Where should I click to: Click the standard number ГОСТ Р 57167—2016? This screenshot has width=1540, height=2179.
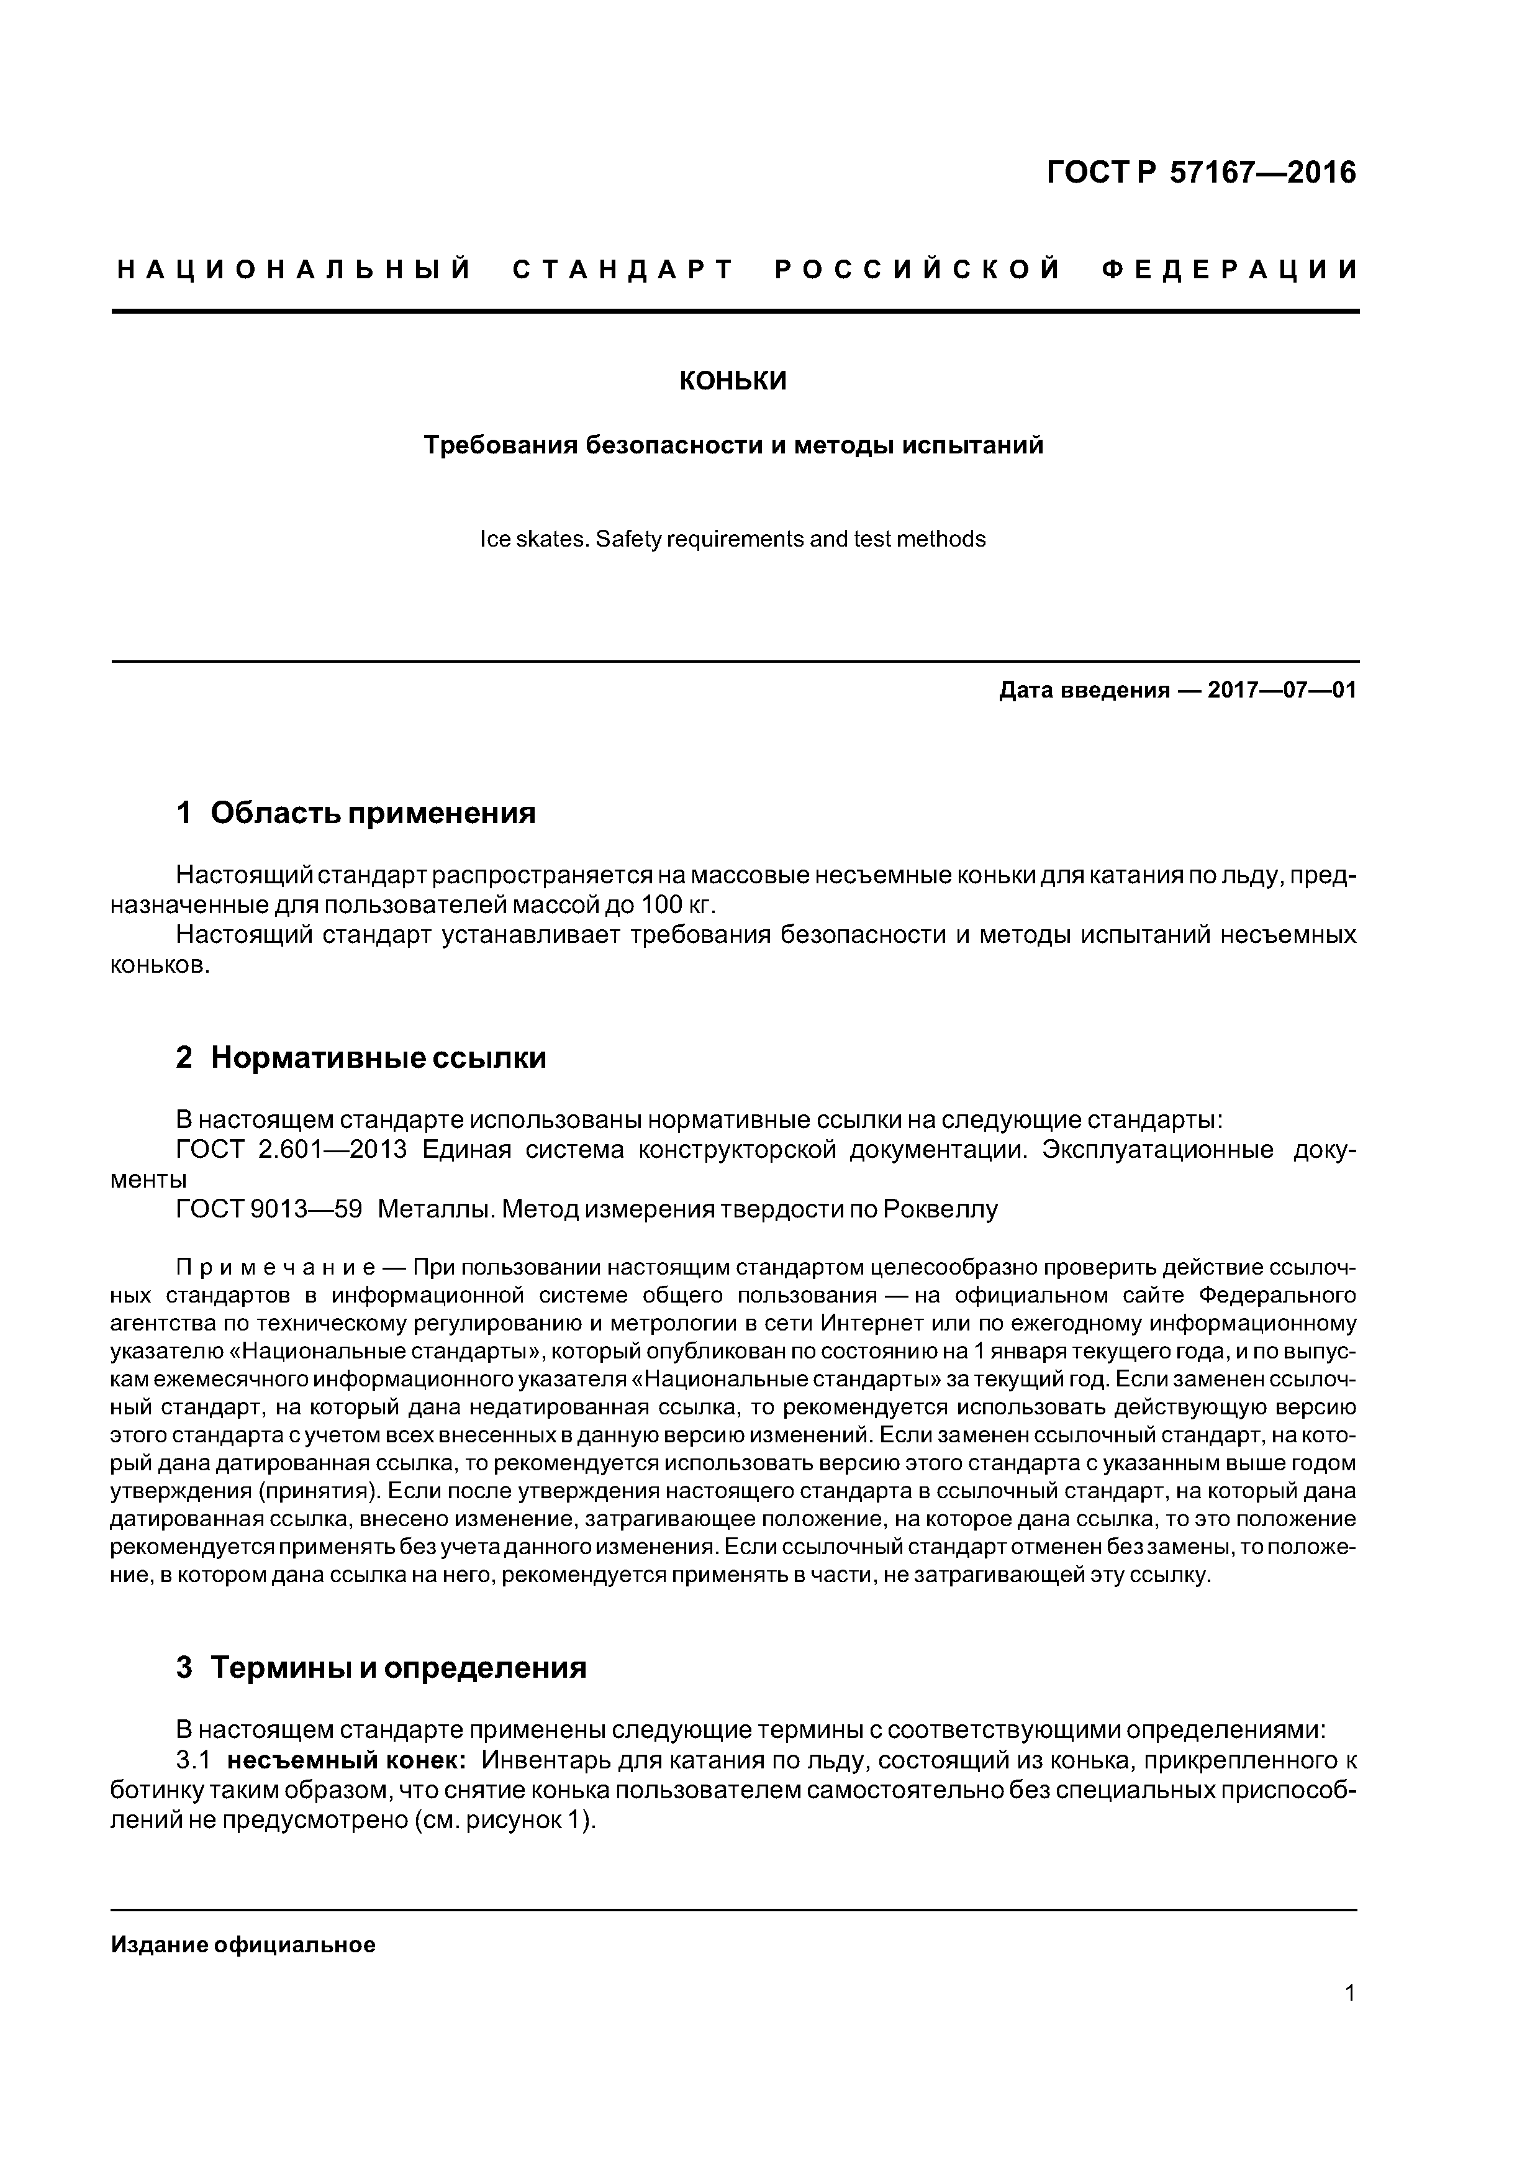[1201, 173]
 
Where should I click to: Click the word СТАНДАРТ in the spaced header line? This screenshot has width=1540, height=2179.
[623, 270]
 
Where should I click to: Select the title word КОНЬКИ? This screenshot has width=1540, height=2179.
[733, 381]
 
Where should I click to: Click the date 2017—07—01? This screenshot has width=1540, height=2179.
[1282, 690]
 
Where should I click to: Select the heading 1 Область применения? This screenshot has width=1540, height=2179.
[356, 812]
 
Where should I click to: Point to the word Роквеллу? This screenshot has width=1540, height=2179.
[940, 1209]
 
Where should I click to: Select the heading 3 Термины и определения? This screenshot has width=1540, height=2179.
[381, 1667]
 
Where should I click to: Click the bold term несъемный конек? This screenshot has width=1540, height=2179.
[346, 1760]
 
